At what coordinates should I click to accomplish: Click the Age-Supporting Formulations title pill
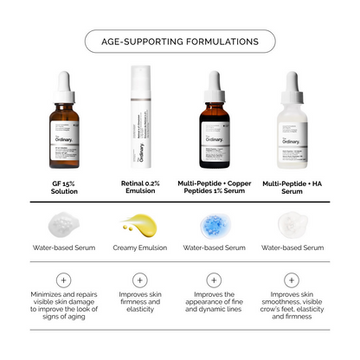[180, 41]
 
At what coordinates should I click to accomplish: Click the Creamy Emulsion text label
[140, 247]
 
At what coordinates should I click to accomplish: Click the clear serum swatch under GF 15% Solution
[61, 226]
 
